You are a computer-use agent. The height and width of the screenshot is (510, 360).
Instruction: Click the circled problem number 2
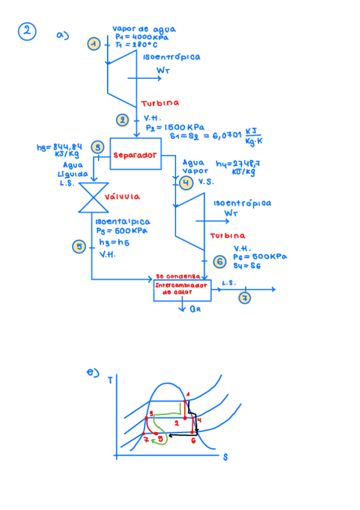(27, 31)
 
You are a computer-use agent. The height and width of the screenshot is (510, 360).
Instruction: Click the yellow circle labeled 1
(93, 43)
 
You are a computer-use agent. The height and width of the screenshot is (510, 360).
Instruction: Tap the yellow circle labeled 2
(123, 120)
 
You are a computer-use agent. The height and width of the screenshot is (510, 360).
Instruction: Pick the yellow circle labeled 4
(187, 182)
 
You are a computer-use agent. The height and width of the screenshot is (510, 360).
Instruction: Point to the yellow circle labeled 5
(79, 247)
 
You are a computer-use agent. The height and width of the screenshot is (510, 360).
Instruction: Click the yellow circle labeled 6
(220, 261)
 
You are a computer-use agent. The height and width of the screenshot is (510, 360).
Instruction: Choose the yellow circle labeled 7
(244, 298)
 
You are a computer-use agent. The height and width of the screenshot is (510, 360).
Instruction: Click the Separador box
(135, 155)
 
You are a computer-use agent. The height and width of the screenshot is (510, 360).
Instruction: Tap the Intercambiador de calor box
(182, 290)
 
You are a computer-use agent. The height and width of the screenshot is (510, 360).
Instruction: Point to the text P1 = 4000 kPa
(142, 36)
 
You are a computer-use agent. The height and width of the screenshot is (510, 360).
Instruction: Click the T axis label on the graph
(110, 380)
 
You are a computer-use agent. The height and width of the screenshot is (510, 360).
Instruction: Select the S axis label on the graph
(225, 457)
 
